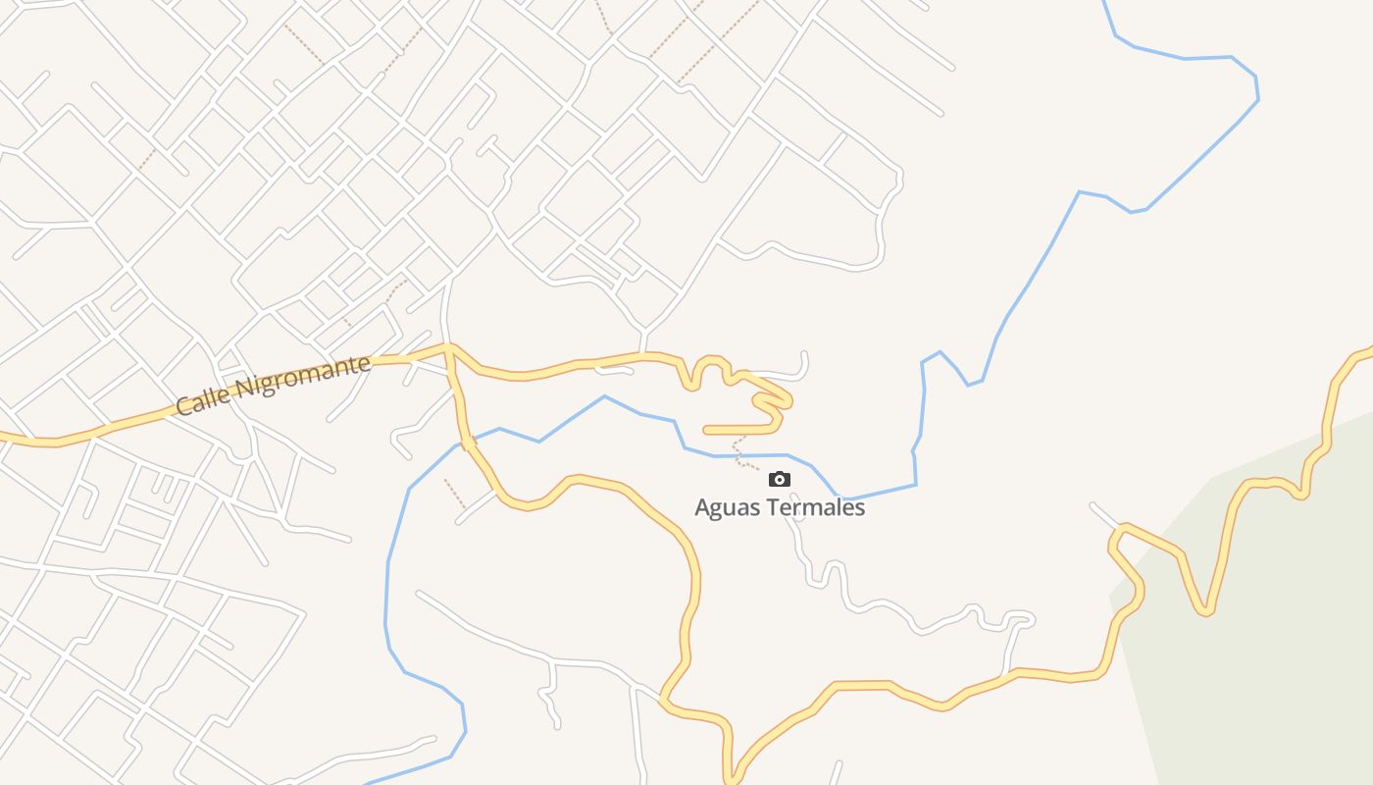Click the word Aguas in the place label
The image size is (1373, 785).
(x=727, y=507)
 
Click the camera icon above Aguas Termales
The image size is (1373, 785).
(x=780, y=479)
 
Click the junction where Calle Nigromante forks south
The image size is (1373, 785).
(x=448, y=348)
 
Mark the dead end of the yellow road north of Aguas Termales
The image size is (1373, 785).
(x=706, y=430)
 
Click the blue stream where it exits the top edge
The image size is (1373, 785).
(x=1105, y=3)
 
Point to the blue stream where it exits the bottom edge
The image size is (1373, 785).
(x=368, y=783)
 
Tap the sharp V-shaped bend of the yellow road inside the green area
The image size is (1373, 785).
(x=1206, y=610)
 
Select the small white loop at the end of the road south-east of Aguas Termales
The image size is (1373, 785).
(x=1020, y=619)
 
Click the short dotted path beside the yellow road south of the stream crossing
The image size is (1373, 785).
(x=455, y=494)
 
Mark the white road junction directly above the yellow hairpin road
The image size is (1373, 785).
(x=642, y=333)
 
